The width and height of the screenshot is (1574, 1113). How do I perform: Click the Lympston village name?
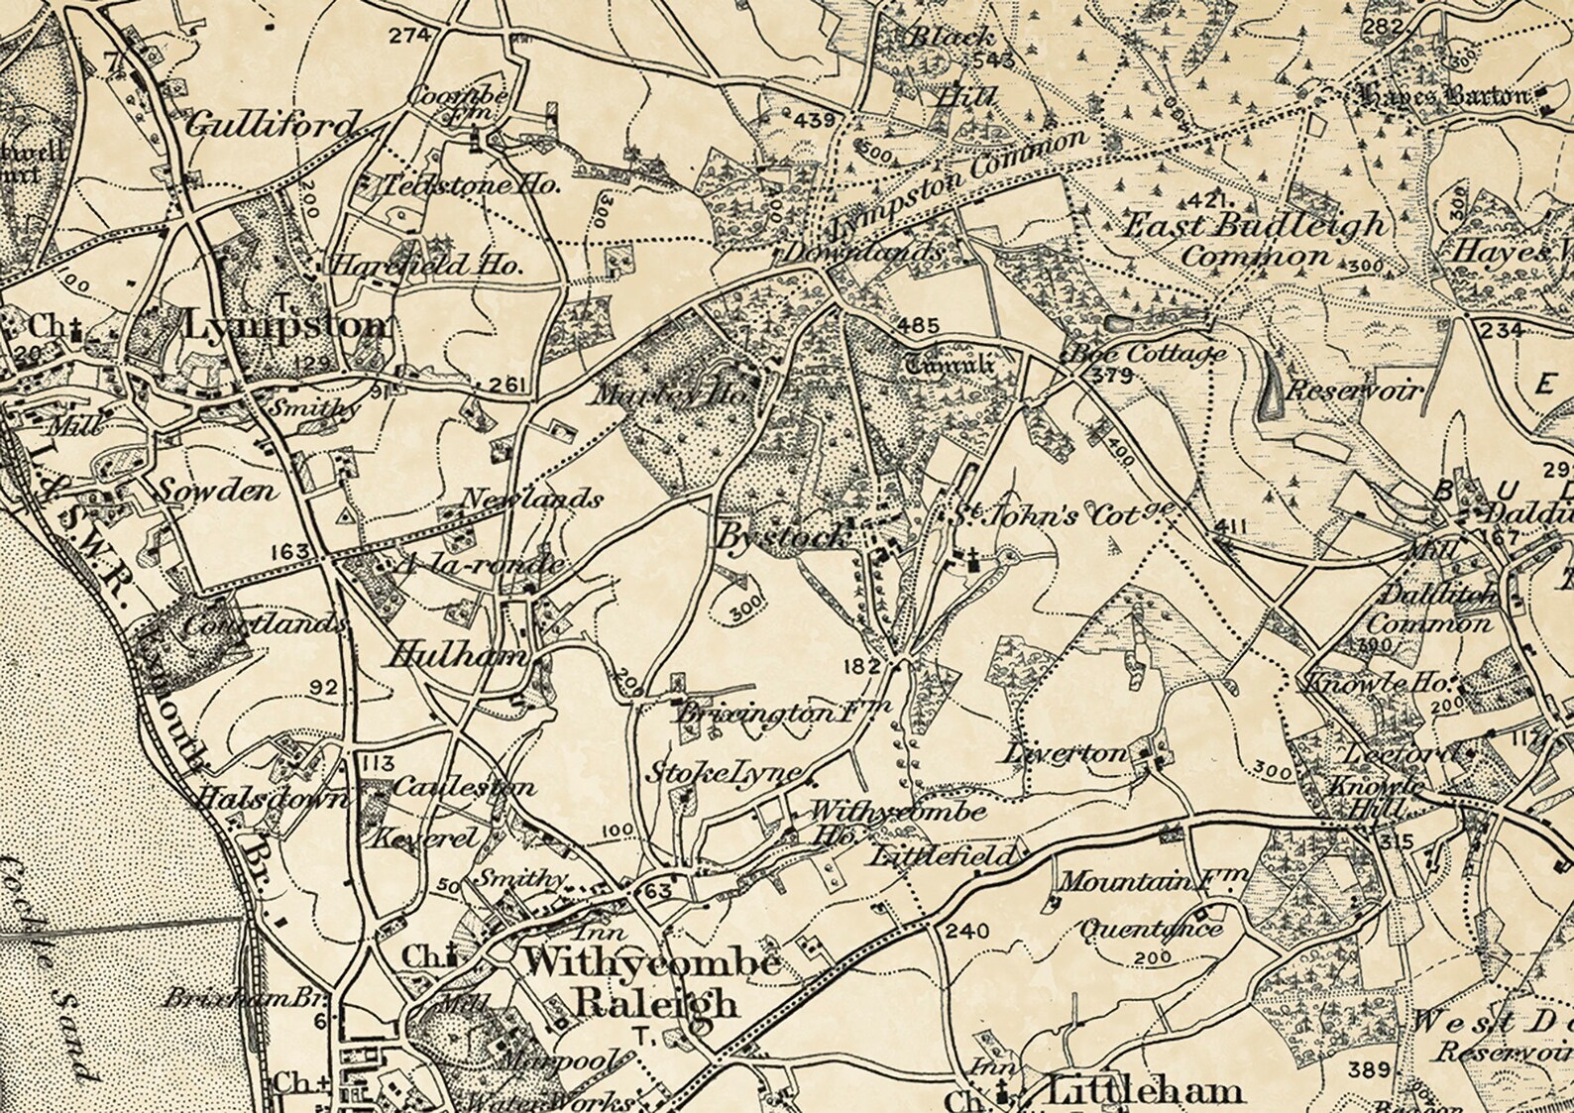pyautogui.click(x=286, y=325)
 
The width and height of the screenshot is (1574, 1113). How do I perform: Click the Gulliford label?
pyautogui.click(x=271, y=125)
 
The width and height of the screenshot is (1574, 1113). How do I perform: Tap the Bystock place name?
pyautogui.click(x=783, y=536)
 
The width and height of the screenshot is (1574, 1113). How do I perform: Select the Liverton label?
pyautogui.click(x=1068, y=753)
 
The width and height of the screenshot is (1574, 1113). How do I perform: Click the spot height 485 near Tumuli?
pyautogui.click(x=919, y=324)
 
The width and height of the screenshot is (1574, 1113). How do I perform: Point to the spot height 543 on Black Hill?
pyautogui.click(x=994, y=60)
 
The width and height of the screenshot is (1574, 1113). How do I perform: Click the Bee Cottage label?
pyautogui.click(x=1144, y=353)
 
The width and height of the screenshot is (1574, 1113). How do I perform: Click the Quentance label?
pyautogui.click(x=1150, y=929)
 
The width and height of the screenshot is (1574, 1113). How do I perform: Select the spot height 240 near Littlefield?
pyautogui.click(x=967, y=931)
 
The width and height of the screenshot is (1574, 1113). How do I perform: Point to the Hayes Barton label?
pyautogui.click(x=1445, y=96)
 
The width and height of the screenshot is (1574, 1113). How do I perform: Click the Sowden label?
pyautogui.click(x=218, y=491)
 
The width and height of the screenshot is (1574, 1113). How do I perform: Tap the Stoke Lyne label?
pyautogui.click(x=728, y=772)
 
